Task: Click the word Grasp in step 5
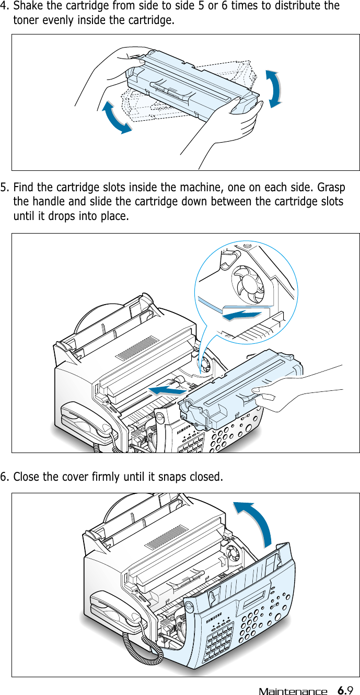tap(329, 187)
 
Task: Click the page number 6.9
tap(346, 690)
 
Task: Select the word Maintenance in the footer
tap(293, 691)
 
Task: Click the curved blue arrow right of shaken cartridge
tap(275, 89)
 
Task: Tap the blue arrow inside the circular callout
tap(241, 315)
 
